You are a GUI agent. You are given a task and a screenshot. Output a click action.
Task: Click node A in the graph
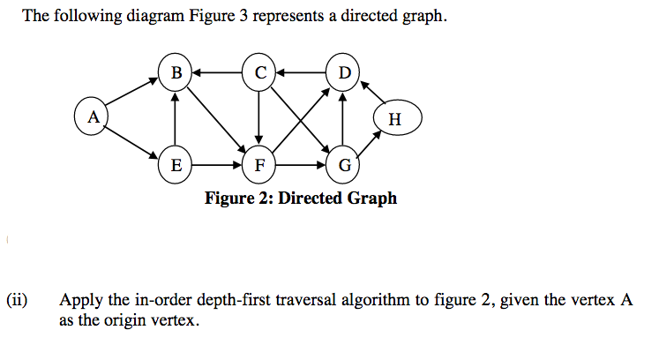tap(92, 116)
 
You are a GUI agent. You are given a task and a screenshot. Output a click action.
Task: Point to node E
tap(176, 164)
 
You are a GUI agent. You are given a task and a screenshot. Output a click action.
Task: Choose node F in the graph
tap(259, 164)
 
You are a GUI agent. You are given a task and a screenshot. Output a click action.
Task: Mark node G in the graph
tap(343, 164)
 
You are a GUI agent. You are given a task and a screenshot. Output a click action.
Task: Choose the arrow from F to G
tap(301, 164)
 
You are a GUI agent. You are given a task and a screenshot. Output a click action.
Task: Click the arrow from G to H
tap(370, 144)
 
